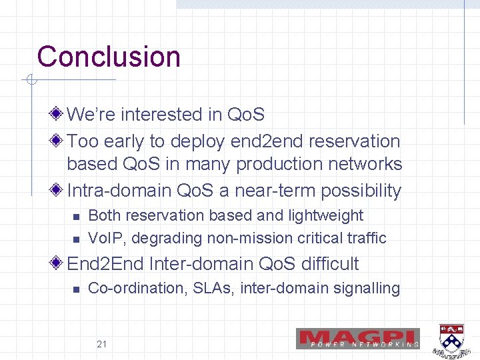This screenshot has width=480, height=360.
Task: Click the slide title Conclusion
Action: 109,57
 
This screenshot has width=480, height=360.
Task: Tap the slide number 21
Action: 102,344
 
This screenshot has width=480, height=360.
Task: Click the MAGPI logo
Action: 358,339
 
